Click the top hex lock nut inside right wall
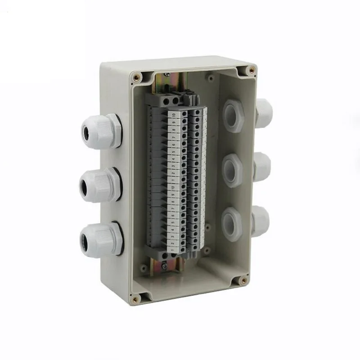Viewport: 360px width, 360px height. (232, 116)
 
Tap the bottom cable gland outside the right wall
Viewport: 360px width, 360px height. (261, 219)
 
